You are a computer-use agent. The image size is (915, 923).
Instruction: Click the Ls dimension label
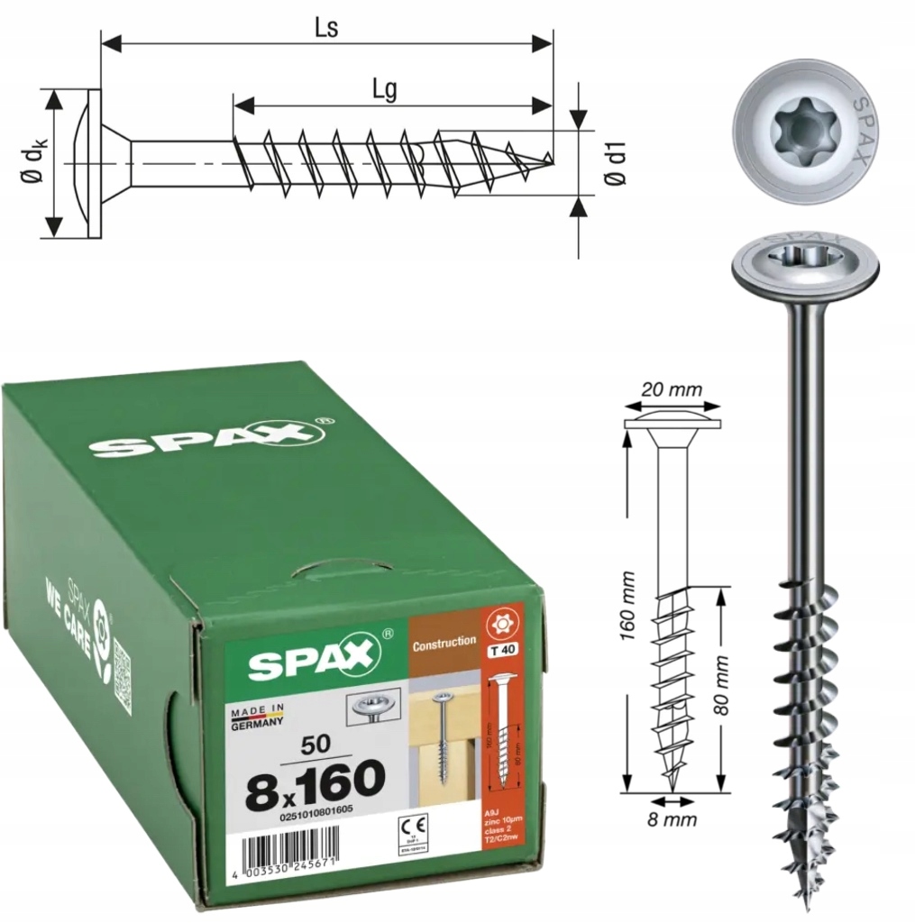(325, 28)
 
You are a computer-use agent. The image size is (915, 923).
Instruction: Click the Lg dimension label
(385, 89)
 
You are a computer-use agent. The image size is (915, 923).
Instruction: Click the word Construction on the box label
(444, 642)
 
